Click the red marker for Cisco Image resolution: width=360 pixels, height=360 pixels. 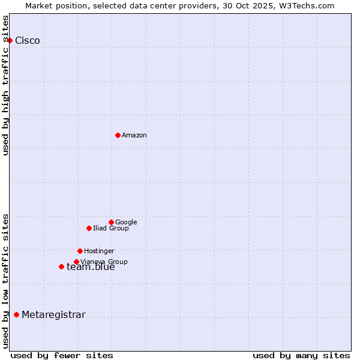(x=10, y=40)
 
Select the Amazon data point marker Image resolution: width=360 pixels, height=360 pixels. (x=118, y=135)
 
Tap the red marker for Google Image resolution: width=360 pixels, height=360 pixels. (x=111, y=222)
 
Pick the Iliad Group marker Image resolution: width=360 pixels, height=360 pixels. (x=89, y=228)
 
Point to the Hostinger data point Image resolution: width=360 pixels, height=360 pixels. (x=80, y=251)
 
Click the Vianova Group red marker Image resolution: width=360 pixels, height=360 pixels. (x=76, y=262)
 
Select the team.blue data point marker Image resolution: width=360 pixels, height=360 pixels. (x=61, y=266)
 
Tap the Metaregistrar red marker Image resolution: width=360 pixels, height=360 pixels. (x=16, y=314)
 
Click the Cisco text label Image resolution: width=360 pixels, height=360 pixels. (x=28, y=41)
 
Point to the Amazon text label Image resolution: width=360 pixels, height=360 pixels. (x=134, y=136)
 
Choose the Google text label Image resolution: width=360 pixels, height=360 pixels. (x=126, y=223)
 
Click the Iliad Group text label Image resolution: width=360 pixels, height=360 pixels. (x=111, y=229)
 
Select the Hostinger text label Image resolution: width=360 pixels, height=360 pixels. (x=99, y=251)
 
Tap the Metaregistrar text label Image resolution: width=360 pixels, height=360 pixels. (x=53, y=315)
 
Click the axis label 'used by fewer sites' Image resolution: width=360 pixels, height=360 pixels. (x=62, y=355)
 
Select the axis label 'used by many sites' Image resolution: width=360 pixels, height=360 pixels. (x=301, y=355)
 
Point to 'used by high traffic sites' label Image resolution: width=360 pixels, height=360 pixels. (x=6, y=85)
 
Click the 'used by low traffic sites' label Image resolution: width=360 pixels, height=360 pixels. (x=6, y=280)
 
